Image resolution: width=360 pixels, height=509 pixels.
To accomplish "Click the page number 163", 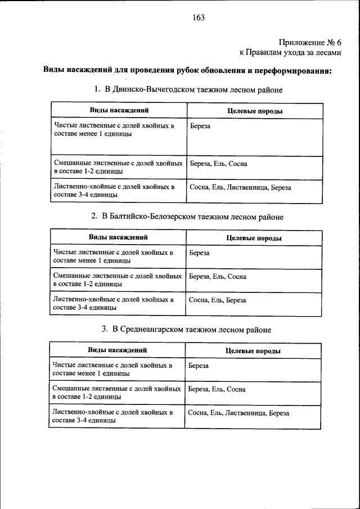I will click(198, 17).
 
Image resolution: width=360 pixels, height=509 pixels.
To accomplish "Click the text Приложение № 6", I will click(310, 42).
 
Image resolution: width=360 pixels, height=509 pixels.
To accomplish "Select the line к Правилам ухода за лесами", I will click(290, 52).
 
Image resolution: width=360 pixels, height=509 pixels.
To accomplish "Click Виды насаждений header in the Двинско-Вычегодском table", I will click(119, 111).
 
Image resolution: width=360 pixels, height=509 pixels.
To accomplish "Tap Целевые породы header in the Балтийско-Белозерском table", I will click(254, 238).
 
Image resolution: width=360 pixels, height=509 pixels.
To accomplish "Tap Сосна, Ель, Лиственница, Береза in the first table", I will click(240, 187).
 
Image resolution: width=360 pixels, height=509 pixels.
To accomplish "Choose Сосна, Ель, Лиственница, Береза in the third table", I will click(239, 413).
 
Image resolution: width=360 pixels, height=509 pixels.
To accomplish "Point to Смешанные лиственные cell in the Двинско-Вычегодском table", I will click(118, 167).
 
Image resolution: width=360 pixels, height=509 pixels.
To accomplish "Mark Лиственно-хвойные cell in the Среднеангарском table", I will click(112, 416).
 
